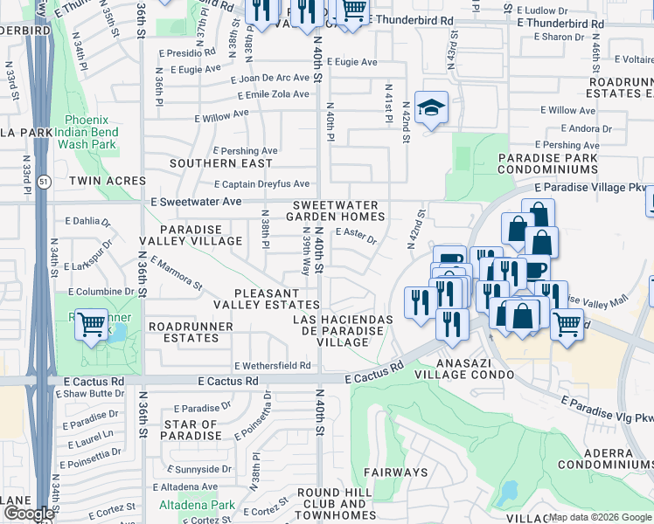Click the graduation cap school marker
click(x=431, y=108)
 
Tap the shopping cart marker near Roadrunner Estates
click(x=91, y=325)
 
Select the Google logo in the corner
click(x=29, y=514)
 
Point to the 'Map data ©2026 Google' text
click(x=600, y=517)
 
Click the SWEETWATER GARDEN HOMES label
click(x=337, y=210)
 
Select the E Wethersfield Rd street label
click(x=272, y=365)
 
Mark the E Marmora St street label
click(x=176, y=272)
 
